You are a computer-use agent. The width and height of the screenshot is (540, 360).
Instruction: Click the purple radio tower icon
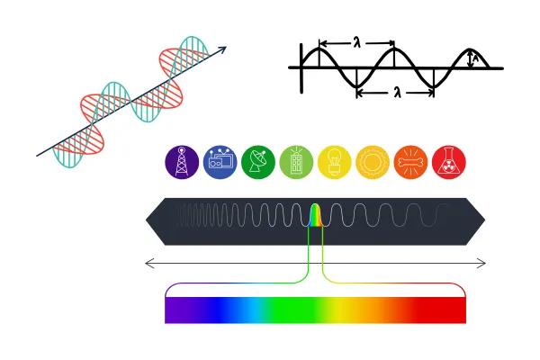click(182, 162)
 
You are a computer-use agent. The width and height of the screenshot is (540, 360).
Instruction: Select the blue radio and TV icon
click(220, 162)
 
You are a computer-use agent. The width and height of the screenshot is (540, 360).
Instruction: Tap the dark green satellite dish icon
click(258, 162)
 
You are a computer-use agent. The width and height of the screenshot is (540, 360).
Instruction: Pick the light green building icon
click(296, 162)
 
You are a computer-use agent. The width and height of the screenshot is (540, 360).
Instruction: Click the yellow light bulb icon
click(335, 162)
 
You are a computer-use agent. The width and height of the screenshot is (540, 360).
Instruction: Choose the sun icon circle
click(373, 162)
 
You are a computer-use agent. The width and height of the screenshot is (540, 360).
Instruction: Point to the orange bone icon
click(410, 162)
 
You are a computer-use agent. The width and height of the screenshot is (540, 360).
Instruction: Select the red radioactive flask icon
click(449, 162)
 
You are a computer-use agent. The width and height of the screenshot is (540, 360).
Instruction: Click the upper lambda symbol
click(357, 42)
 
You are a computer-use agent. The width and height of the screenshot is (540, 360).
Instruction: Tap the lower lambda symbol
click(398, 92)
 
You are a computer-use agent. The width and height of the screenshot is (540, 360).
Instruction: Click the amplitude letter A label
click(476, 58)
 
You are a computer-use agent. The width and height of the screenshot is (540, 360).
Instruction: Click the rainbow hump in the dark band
click(316, 215)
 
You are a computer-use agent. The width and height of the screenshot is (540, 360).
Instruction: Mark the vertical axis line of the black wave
click(301, 68)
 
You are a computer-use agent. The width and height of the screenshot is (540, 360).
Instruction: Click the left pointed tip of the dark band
click(146, 220)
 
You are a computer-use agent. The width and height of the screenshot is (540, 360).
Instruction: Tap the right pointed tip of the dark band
click(485, 220)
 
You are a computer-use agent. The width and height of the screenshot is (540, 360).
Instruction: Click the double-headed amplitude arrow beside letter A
click(470, 58)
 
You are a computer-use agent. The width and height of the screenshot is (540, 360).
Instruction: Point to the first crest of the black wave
click(319, 49)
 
